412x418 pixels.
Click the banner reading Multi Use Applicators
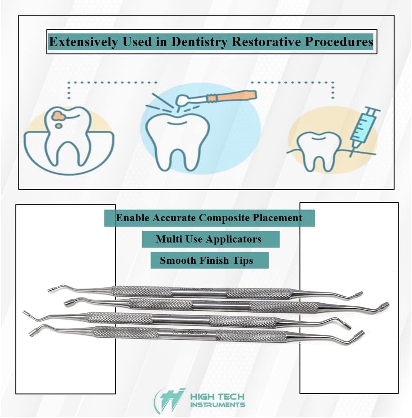pyautogui.click(x=208, y=239)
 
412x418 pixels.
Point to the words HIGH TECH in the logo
pyautogui.click(x=217, y=397)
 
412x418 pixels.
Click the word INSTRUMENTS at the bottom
pyautogui.click(x=218, y=405)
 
